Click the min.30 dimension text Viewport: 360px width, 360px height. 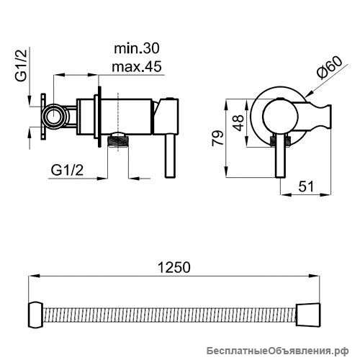(136, 48)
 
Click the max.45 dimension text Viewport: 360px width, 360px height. (137, 66)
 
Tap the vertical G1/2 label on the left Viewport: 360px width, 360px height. (21, 66)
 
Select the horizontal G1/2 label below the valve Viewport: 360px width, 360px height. (67, 170)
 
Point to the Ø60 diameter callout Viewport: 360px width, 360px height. (329, 68)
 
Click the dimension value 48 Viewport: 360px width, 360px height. (238, 123)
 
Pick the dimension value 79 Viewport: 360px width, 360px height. (218, 138)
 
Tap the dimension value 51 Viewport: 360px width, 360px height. (306, 186)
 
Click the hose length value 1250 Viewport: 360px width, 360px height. (174, 267)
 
